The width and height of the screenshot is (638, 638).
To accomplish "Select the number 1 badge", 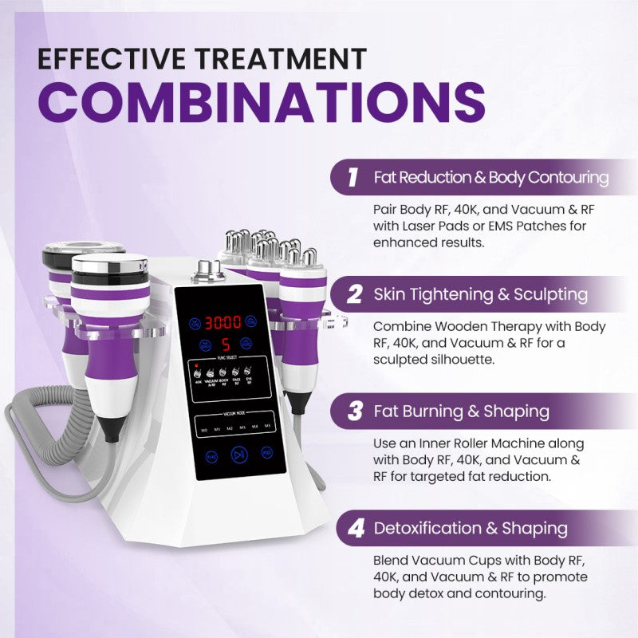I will [x=351, y=177].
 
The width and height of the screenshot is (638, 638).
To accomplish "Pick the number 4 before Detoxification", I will [x=355, y=528].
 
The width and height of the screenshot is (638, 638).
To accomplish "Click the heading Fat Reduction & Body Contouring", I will [x=491, y=177].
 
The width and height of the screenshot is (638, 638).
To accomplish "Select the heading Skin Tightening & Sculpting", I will [x=480, y=294].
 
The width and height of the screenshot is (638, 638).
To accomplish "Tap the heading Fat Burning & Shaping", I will [x=461, y=412].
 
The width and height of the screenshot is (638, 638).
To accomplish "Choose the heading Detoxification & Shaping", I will [x=471, y=528].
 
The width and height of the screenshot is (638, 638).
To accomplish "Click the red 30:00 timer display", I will [x=223, y=323].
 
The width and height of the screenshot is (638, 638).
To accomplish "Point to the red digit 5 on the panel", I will [x=226, y=345].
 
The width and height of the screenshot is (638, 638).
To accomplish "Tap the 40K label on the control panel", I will [x=197, y=381].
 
